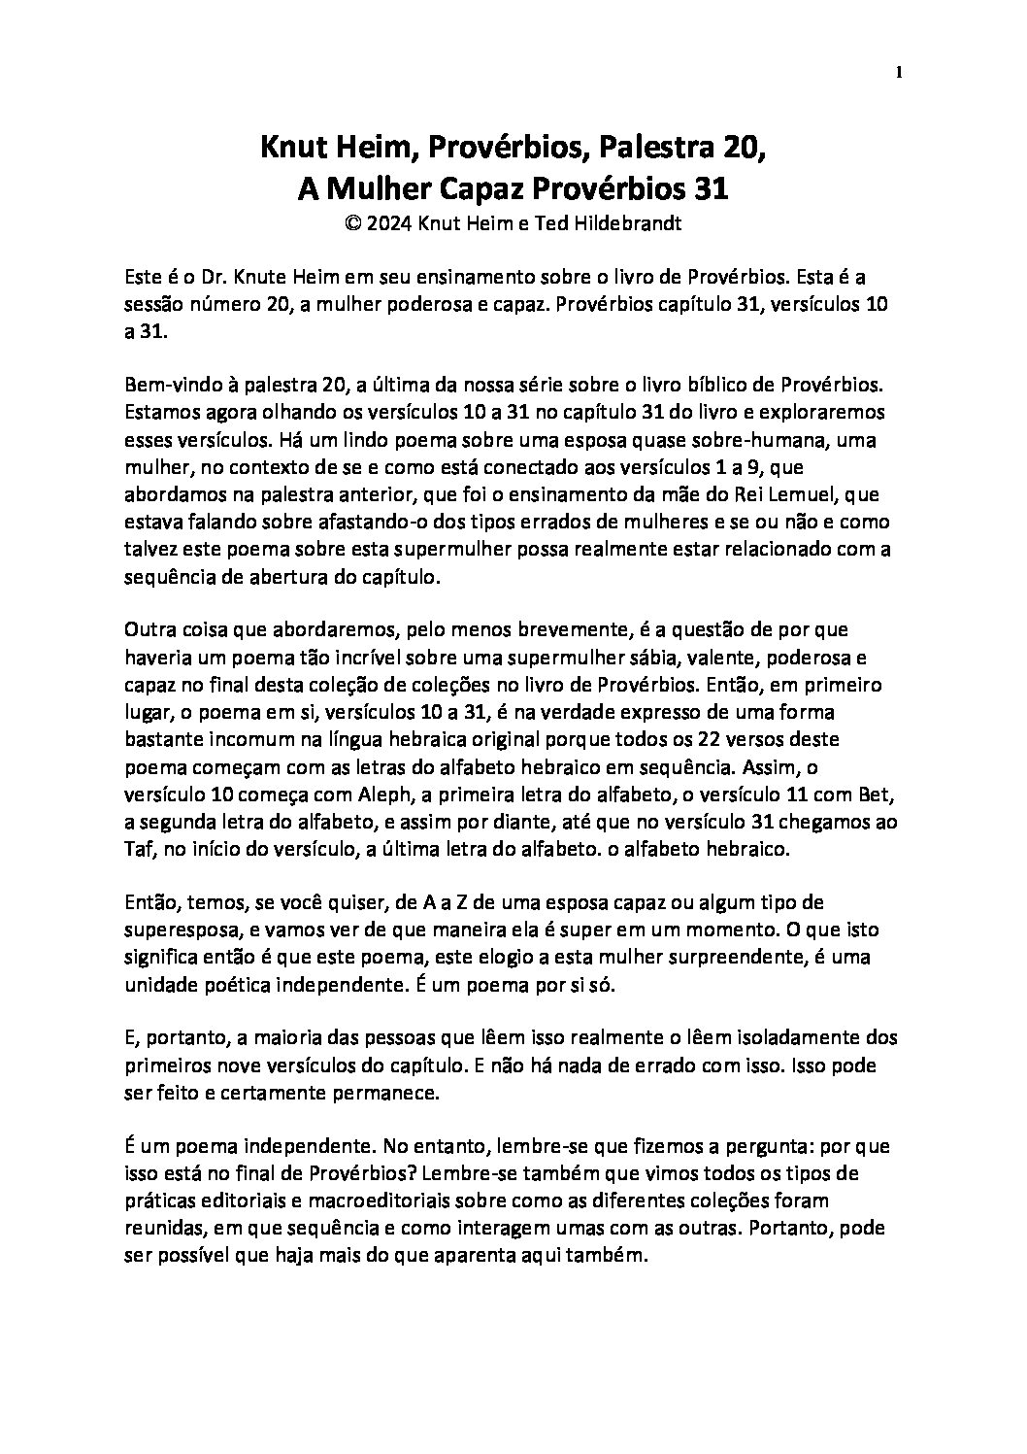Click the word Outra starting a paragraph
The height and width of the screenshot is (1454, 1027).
(149, 630)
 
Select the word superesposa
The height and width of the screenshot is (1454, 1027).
(176, 930)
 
